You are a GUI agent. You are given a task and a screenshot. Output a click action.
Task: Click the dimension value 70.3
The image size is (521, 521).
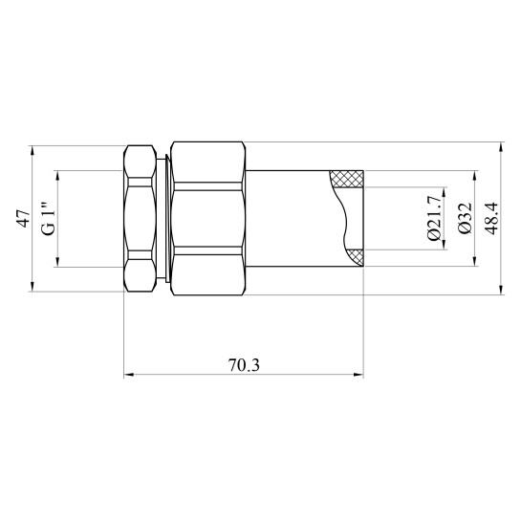pyautogui.click(x=245, y=364)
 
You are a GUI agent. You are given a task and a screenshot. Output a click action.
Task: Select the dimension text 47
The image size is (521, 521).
pyautogui.click(x=22, y=219)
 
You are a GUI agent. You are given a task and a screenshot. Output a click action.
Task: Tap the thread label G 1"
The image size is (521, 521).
pyautogui.click(x=47, y=218)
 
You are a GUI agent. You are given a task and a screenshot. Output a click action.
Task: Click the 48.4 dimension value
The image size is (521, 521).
pyautogui.click(x=491, y=219)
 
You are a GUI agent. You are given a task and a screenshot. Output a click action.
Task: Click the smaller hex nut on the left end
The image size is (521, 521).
pyautogui.click(x=141, y=218)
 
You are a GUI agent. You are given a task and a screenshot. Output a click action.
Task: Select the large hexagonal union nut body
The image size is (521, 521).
pyautogui.click(x=208, y=218)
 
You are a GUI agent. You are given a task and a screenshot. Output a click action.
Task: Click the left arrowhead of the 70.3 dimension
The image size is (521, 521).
pyautogui.click(x=129, y=375)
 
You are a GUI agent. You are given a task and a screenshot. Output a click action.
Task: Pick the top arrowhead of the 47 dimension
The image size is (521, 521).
pyautogui.click(x=33, y=150)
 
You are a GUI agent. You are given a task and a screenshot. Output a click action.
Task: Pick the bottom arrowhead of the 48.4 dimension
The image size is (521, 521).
pyautogui.click(x=503, y=291)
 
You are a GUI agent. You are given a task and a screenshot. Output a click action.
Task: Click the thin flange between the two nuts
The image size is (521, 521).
pyautogui.click(x=167, y=218)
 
